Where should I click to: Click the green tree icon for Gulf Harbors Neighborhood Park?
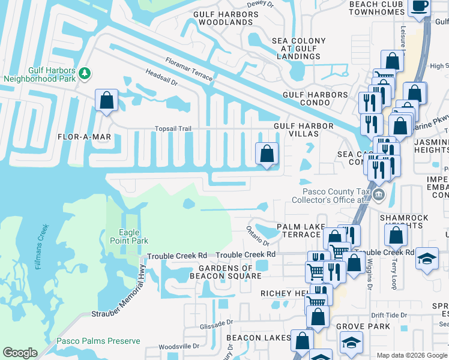tap(85, 73)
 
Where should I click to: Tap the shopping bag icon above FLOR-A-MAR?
tap(106, 100)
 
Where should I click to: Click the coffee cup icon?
tap(419, 7)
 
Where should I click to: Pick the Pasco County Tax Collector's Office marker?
tap(379, 193)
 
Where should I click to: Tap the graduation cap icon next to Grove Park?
tap(351, 343)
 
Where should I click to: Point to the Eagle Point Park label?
tap(125, 236)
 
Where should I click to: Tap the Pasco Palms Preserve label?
tap(98, 341)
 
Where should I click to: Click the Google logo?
tap(20, 353)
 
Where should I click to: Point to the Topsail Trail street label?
tap(173, 128)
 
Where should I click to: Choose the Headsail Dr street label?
tap(161, 79)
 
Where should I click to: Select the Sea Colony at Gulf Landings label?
tap(298, 49)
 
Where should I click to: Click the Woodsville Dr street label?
tap(179, 346)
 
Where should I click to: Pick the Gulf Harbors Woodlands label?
tap(223, 17)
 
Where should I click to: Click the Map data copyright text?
tap(411, 355)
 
